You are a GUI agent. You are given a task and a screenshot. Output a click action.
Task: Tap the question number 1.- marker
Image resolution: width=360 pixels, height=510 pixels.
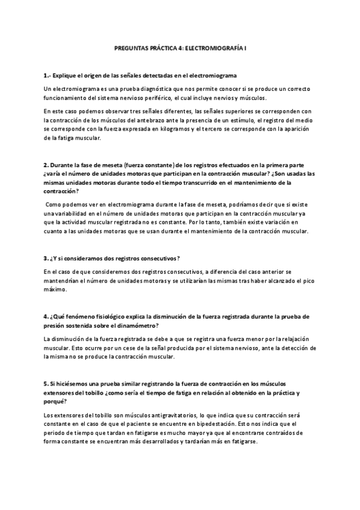click(x=47, y=75)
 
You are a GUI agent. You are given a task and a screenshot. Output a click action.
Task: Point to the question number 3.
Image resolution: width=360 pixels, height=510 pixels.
click(x=46, y=258)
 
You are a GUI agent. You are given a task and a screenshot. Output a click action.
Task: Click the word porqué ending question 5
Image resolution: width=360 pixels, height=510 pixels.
click(x=55, y=402)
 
